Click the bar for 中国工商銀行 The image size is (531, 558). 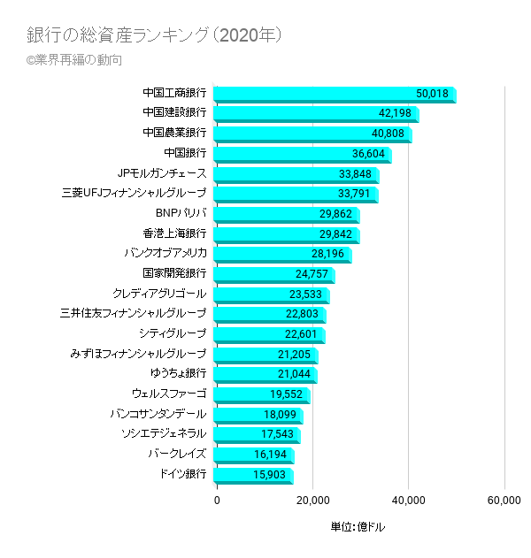click(x=319, y=94)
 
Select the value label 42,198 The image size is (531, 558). click(x=396, y=113)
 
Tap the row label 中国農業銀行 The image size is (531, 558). click(x=174, y=133)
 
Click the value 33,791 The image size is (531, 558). click(x=357, y=193)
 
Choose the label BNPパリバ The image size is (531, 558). click(x=181, y=213)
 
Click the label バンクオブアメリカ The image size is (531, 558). click(x=165, y=253)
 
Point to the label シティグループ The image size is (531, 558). click(x=173, y=333)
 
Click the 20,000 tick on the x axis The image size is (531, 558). click(x=312, y=501)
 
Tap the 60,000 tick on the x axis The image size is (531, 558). click(x=504, y=501)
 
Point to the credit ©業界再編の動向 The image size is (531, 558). click(x=74, y=60)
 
